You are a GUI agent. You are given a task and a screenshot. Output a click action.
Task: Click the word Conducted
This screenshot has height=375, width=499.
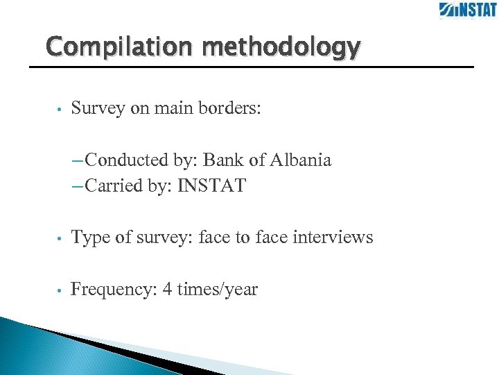[x=128, y=160]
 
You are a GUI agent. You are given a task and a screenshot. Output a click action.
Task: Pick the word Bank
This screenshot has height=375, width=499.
[x=223, y=160]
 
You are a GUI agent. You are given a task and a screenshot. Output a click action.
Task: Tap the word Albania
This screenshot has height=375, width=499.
[x=300, y=160]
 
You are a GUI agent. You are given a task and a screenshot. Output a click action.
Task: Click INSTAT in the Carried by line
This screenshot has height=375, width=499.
[x=211, y=186]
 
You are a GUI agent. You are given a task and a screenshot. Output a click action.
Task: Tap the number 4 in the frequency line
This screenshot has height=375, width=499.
[x=167, y=289]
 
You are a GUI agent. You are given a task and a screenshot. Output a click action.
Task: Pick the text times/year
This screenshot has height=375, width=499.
[x=218, y=289]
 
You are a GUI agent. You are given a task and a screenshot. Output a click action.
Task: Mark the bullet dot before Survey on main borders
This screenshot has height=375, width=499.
[x=61, y=110]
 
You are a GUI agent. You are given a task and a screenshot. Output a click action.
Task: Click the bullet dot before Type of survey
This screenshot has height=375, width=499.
[x=61, y=239]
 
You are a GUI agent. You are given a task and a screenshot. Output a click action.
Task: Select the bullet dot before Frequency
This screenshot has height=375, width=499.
[x=61, y=290]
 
